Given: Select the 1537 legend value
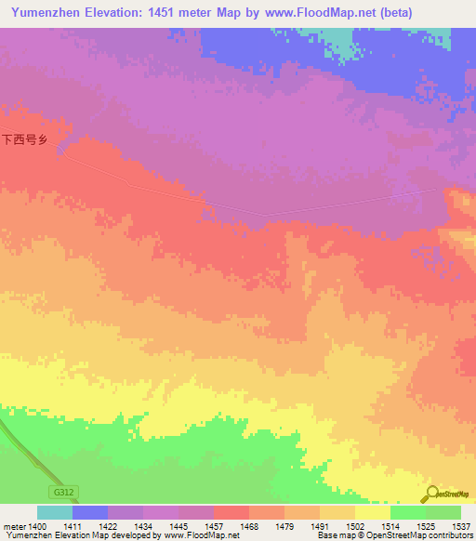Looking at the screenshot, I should tap(461, 526).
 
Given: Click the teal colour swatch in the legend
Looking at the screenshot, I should tap(54, 512).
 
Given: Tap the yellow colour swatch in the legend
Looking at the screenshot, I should tap(372, 512).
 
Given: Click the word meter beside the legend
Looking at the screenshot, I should tap(13, 526).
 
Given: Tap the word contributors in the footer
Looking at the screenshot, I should tap(450, 535).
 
